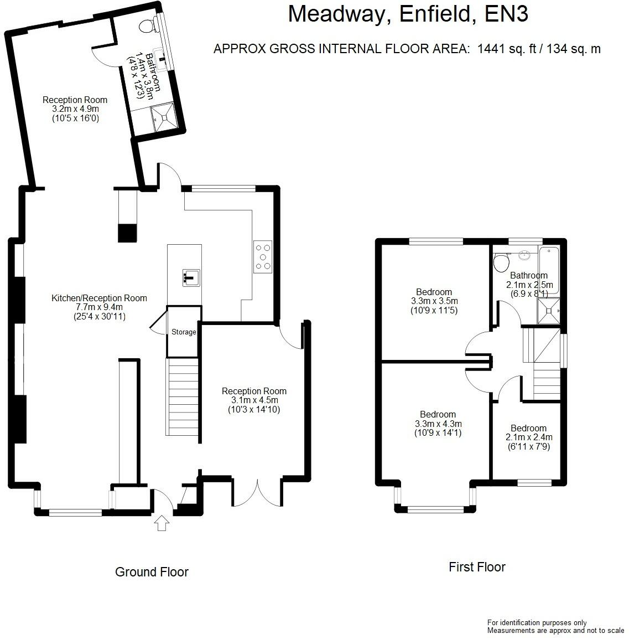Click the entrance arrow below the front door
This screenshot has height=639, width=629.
click(x=162, y=523)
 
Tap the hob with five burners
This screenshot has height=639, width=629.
click(x=263, y=257)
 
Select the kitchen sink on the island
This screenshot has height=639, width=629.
click(x=191, y=277)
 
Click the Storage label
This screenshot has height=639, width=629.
click(x=184, y=332)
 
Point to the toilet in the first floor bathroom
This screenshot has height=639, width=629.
click(x=501, y=262)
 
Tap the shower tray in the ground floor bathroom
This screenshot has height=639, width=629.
click(x=164, y=118)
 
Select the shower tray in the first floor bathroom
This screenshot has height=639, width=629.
click(x=548, y=311)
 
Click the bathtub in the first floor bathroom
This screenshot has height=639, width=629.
click(x=549, y=269)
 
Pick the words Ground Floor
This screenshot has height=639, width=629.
click(x=152, y=572)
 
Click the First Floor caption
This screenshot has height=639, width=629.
click(x=477, y=567)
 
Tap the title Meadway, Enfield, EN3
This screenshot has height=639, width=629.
click(x=408, y=14)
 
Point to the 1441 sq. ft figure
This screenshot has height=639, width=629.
click(x=507, y=49)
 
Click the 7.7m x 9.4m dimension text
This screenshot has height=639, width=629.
click(x=100, y=307)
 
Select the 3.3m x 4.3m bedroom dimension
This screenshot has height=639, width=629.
click(x=438, y=424)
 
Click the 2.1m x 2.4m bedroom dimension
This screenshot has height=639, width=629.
click(x=529, y=437)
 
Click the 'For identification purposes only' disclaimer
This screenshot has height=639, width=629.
click(x=537, y=623)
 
